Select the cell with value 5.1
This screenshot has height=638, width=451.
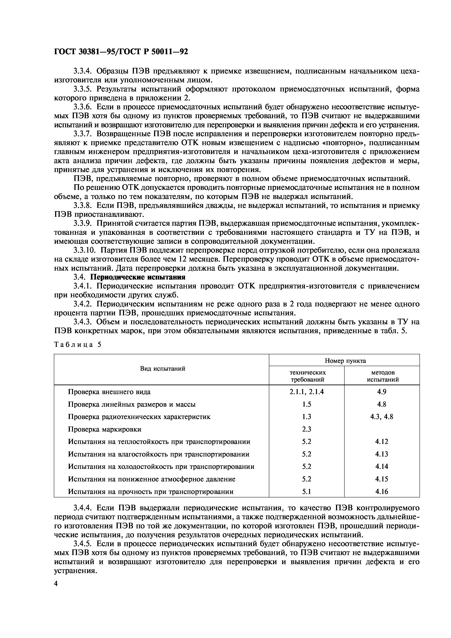click(x=307, y=492)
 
